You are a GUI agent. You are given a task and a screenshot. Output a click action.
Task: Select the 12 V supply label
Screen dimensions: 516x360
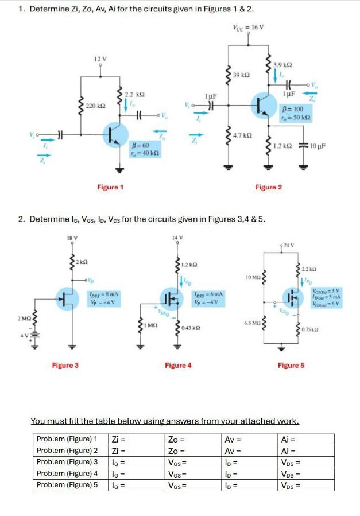pos(100,59)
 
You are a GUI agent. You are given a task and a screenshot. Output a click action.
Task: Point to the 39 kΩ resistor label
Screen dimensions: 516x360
pos(242,75)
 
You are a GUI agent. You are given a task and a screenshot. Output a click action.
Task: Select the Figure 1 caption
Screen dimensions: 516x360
pos(110,187)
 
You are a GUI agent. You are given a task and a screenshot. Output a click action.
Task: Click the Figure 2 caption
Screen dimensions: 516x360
pos(269,187)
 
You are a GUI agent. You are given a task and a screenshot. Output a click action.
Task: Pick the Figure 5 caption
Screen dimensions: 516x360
pos(291,365)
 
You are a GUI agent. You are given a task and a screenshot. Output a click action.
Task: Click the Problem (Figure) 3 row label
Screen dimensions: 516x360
pos(67,462)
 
